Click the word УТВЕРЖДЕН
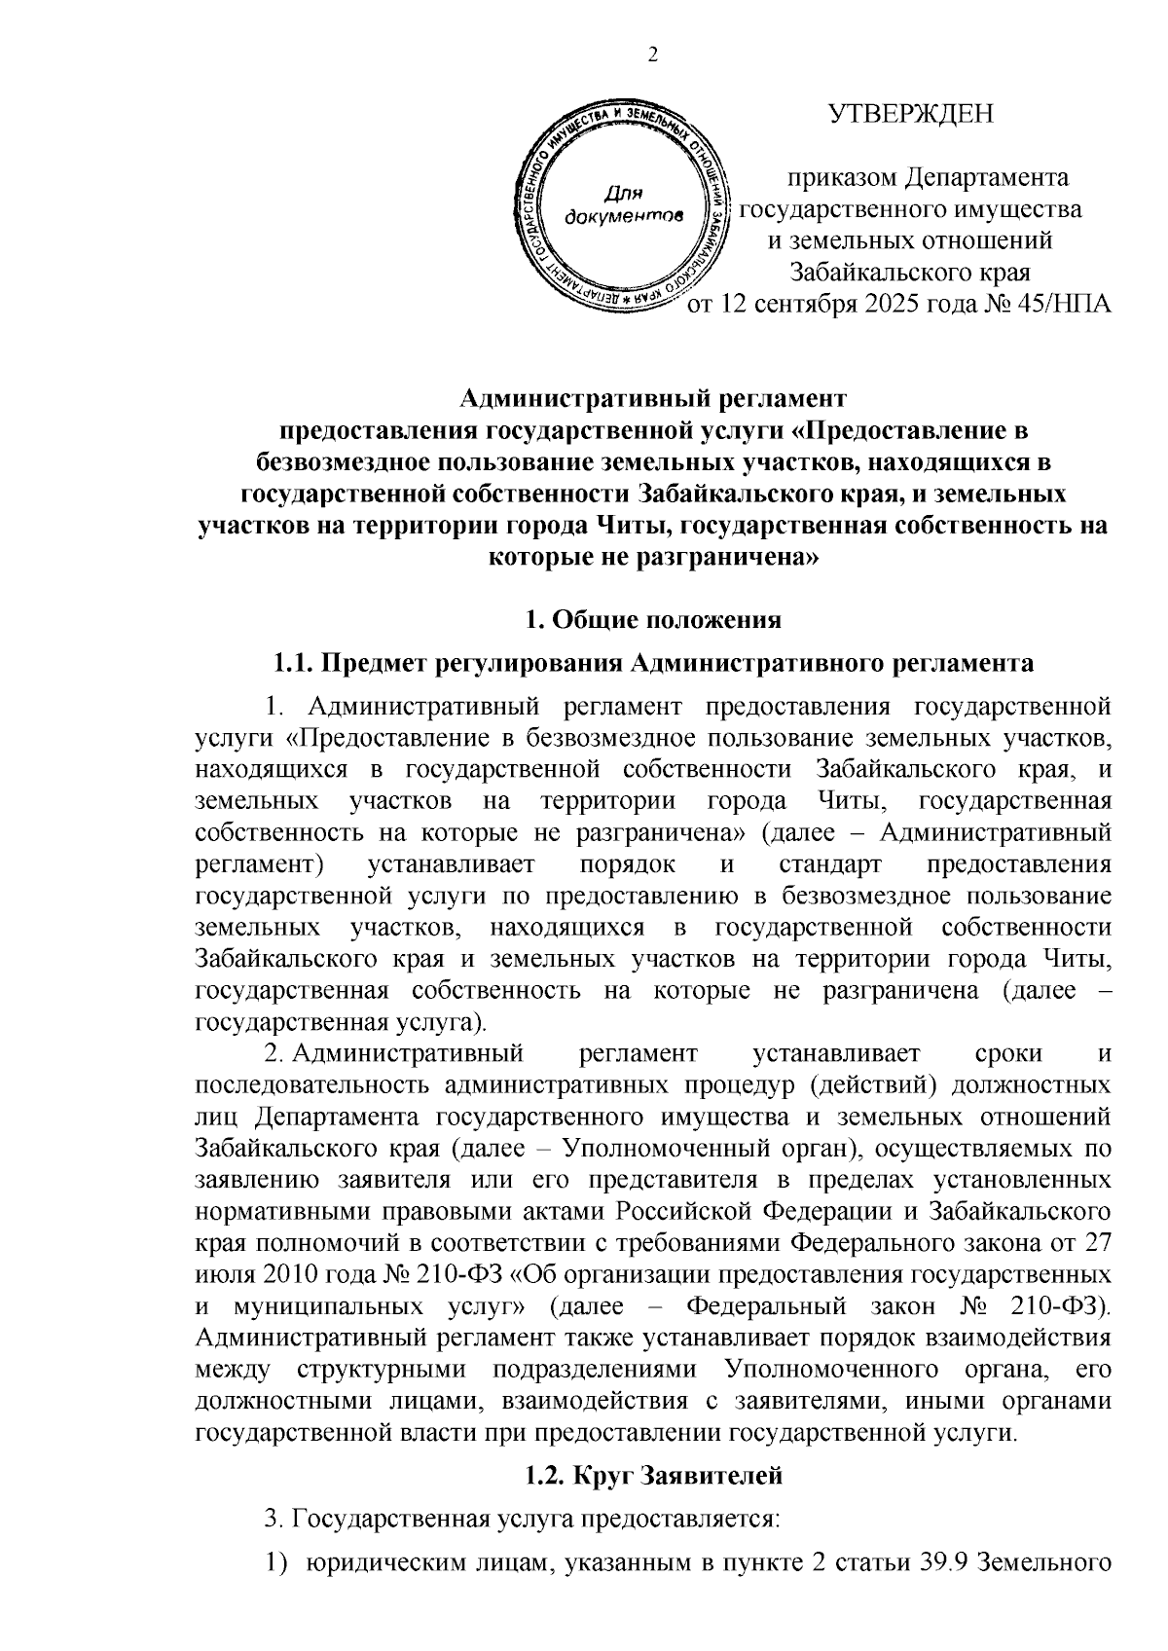911,116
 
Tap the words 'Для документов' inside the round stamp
623,202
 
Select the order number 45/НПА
1063,305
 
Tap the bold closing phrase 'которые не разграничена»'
652,558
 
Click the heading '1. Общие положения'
652,619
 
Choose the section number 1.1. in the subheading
293,664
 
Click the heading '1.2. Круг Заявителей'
652,1477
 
